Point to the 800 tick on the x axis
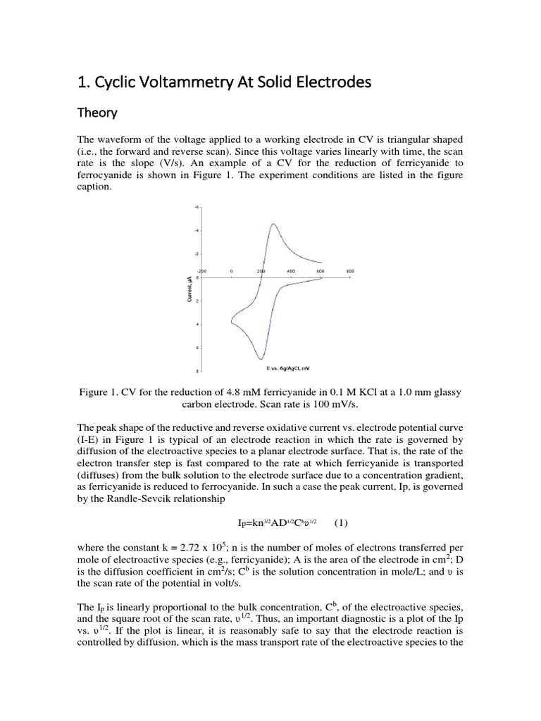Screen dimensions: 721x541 pyautogui.click(x=349, y=271)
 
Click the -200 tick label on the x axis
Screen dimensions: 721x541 pyautogui.click(x=201, y=271)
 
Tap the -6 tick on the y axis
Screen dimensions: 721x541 pyautogui.click(x=196, y=207)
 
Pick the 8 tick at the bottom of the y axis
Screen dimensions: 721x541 pyautogui.click(x=197, y=370)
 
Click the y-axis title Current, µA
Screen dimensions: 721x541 pyautogui.click(x=189, y=289)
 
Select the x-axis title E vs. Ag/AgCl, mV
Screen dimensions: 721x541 pyautogui.click(x=288, y=368)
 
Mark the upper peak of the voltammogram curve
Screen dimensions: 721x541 pyautogui.click(x=273, y=224)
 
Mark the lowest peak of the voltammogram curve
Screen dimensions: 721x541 pyautogui.click(x=260, y=359)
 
